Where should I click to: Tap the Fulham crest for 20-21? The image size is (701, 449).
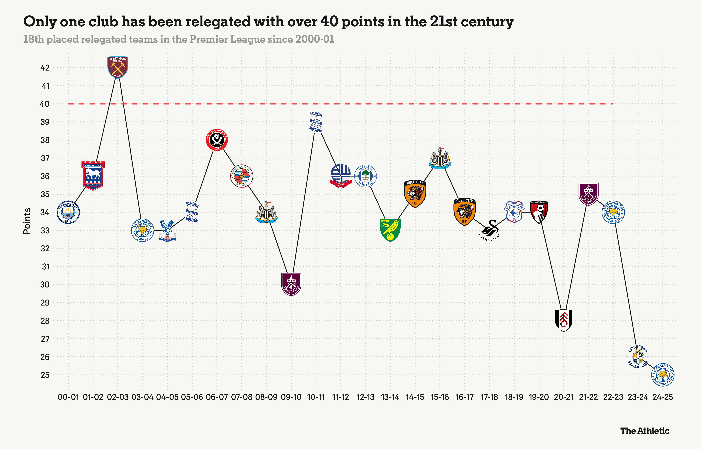564,320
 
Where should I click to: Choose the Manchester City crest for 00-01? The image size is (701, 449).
68,212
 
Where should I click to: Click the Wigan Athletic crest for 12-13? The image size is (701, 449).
365,176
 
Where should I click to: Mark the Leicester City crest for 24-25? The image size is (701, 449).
662,375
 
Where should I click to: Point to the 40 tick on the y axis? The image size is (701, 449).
44,104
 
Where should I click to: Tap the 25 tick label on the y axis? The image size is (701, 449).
45,375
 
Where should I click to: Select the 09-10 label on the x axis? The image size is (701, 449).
291,397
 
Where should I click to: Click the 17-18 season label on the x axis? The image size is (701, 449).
489,397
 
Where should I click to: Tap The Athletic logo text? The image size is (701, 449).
645,431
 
